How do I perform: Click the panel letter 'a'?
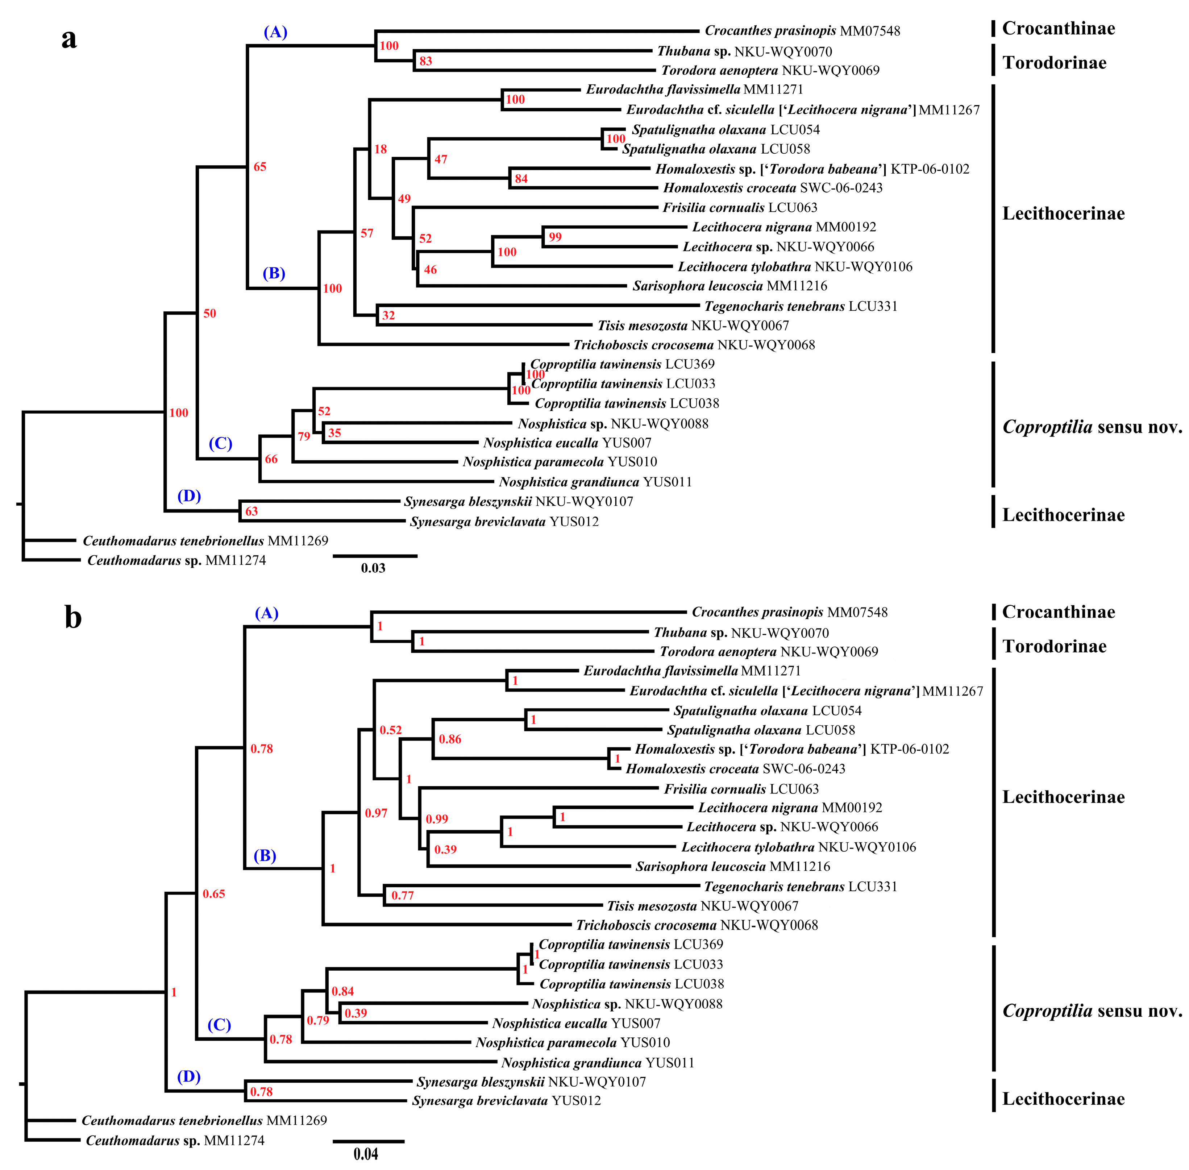(69, 40)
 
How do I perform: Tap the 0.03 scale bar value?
(373, 568)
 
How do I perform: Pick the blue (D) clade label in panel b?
(189, 1076)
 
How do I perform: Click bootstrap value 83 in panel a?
(425, 61)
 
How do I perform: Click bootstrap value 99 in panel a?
(555, 237)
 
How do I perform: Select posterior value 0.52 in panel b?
(390, 730)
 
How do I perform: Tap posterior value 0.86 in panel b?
(450, 739)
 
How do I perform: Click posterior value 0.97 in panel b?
(376, 813)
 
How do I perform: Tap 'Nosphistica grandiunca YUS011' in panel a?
(595, 482)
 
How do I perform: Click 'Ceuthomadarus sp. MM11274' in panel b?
(175, 1141)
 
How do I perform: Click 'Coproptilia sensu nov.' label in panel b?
(1092, 1011)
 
